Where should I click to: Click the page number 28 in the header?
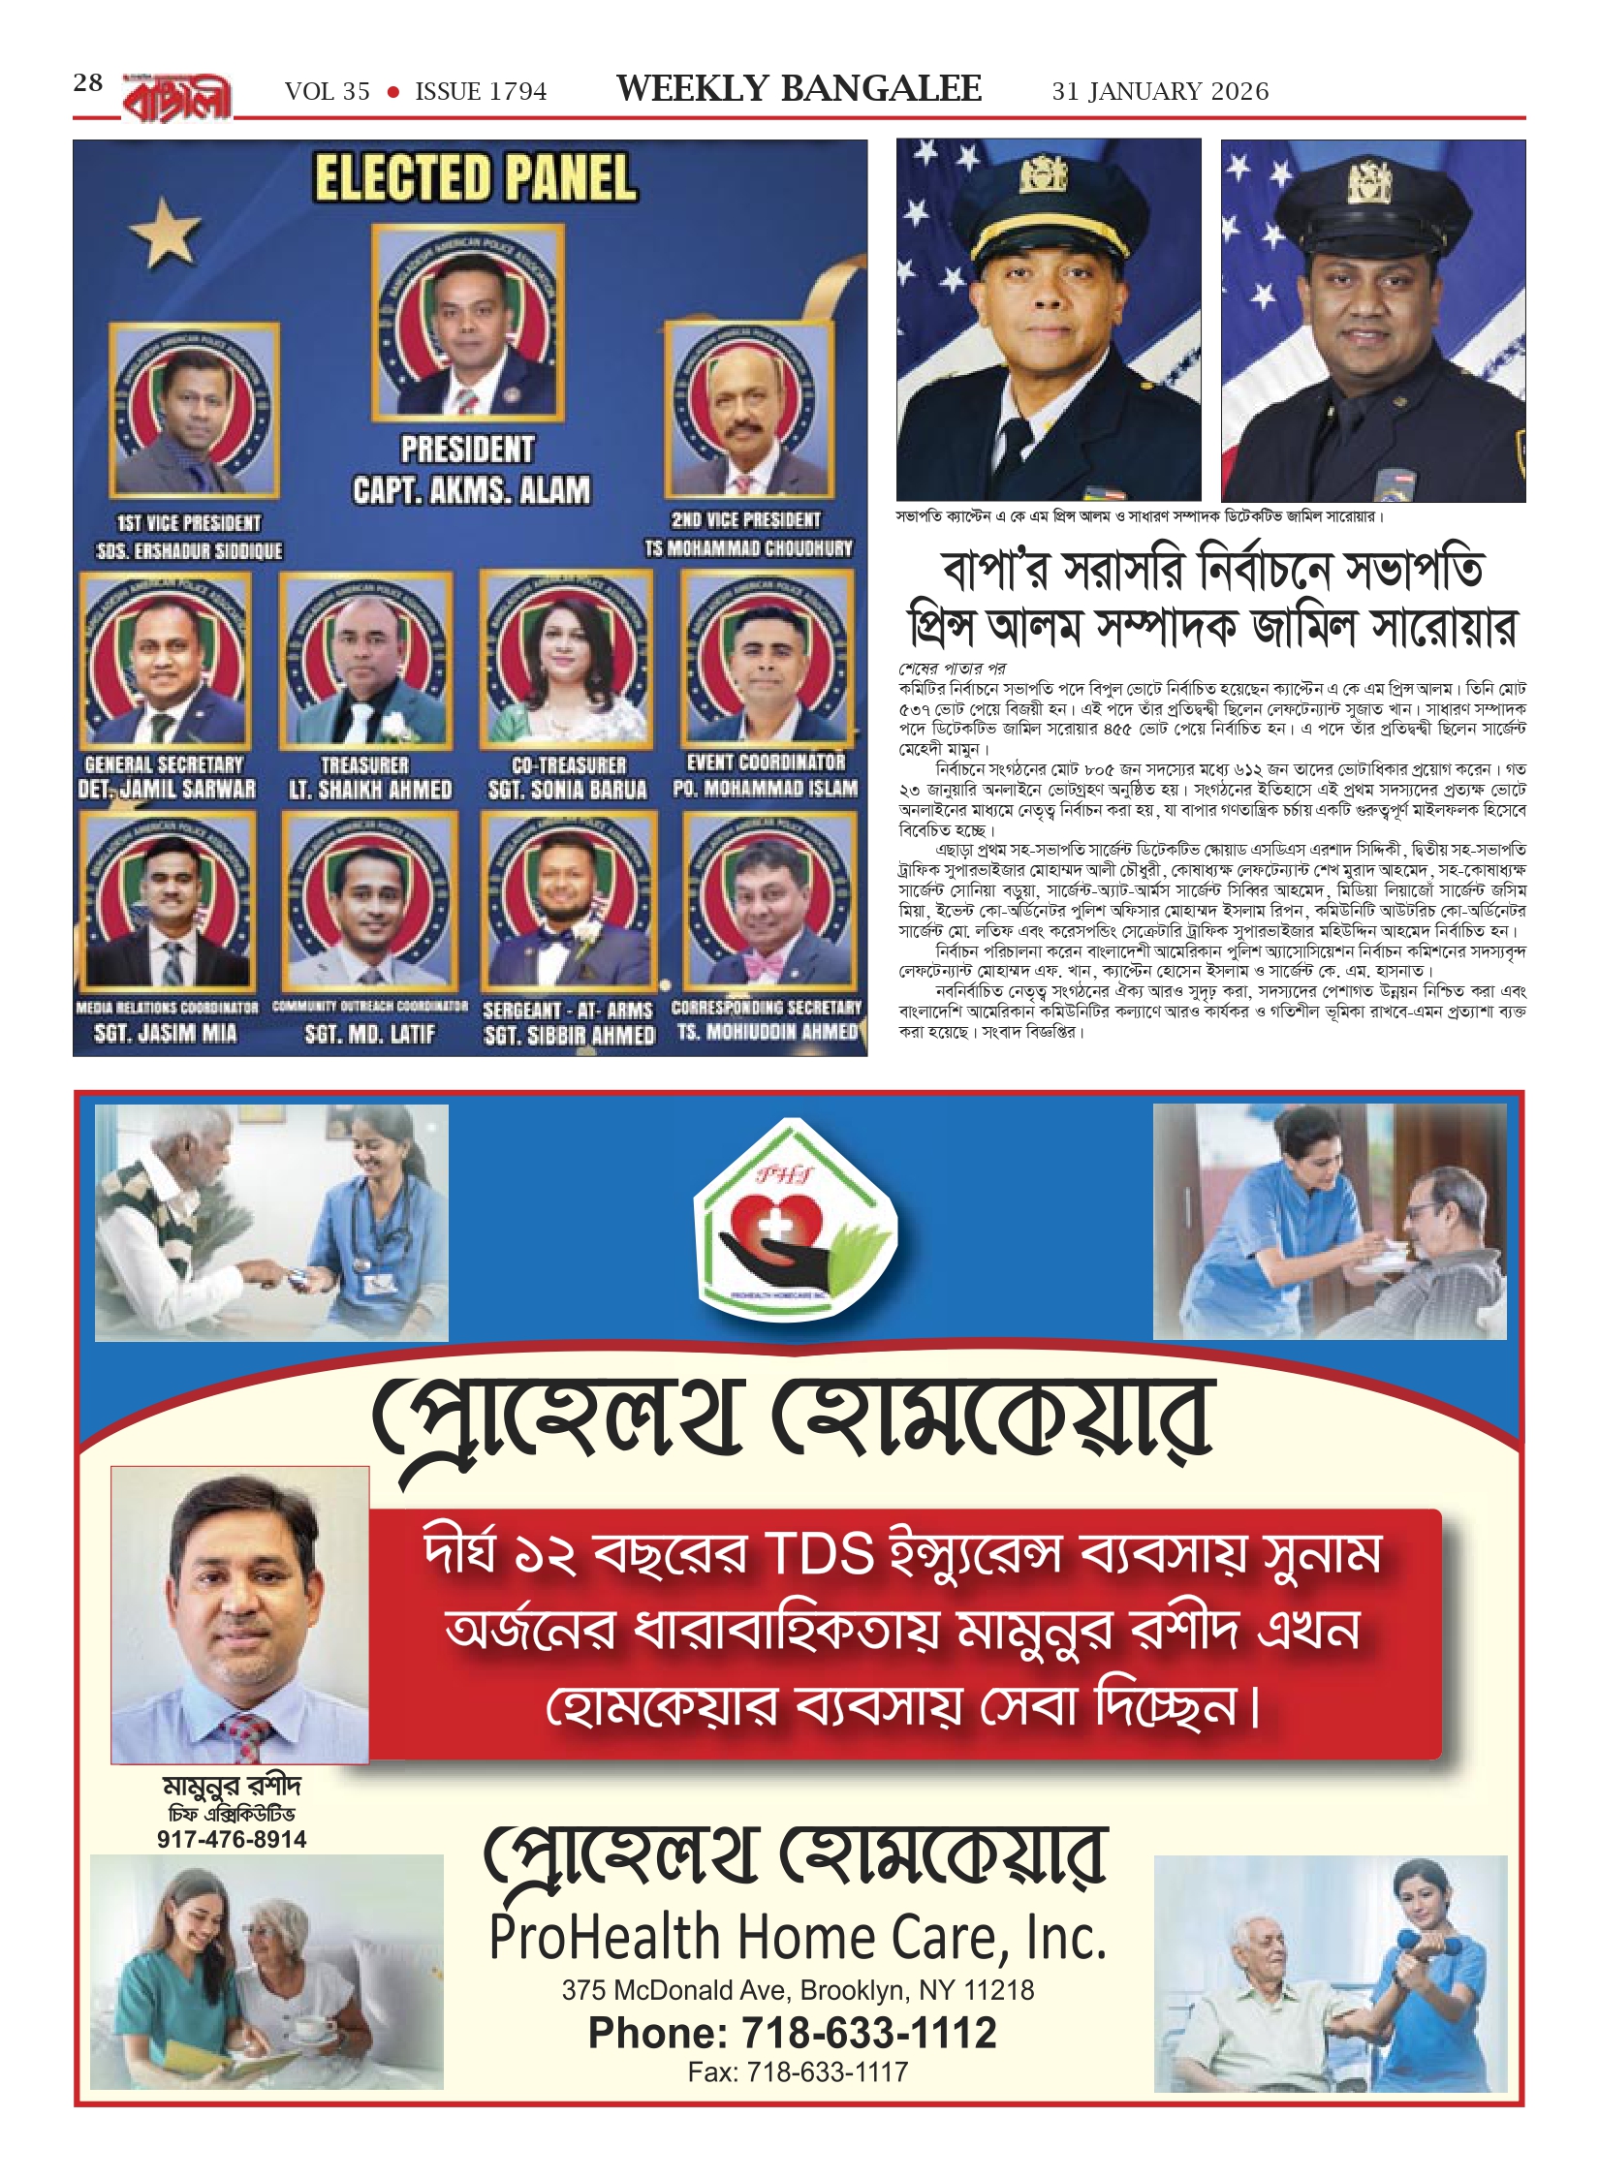(x=87, y=83)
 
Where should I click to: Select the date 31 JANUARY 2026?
(x=1160, y=92)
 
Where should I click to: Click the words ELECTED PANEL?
(x=474, y=179)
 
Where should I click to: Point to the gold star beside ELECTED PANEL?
(x=167, y=233)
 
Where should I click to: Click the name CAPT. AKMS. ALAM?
(x=471, y=490)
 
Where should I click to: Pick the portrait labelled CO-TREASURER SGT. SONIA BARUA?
(x=567, y=659)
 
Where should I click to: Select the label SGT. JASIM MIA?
(x=166, y=1033)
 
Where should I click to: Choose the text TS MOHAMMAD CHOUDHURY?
(x=749, y=548)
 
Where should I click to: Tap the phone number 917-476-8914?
(x=232, y=1839)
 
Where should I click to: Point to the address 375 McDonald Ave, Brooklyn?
(x=798, y=1990)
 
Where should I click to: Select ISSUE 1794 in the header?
(x=481, y=92)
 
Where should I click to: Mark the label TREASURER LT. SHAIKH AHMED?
(x=370, y=778)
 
